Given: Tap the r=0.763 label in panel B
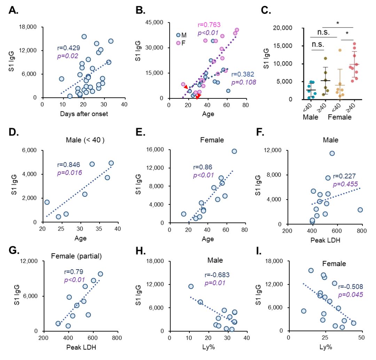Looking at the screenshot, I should pos(209,25).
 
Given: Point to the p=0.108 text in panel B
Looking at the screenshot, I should pos(244,82).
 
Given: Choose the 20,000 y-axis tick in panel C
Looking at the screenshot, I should pos(281,28).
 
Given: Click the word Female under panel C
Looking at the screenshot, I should pos(340,117).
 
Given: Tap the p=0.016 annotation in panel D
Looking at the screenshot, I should pos(69,173).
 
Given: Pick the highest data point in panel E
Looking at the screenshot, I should pos(234,151).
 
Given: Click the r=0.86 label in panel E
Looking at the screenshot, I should pos(202,167).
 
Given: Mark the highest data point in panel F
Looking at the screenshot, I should pos(332,153).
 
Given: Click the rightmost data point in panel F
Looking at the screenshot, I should pos(360,210).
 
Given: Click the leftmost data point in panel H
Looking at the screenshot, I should pos(191,286).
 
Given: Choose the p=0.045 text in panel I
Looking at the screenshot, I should pos(351,295).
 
